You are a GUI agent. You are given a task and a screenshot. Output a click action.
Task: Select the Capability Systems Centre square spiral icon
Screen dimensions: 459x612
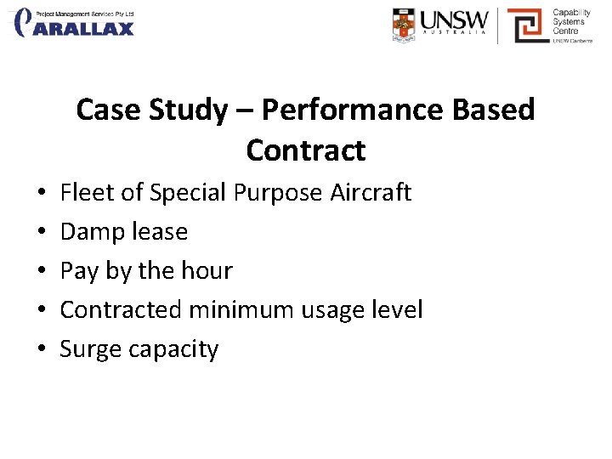[527, 25]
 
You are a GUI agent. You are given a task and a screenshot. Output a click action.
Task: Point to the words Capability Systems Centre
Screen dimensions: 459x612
[571, 24]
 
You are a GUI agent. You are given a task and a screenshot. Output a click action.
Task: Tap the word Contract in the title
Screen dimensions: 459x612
[306, 150]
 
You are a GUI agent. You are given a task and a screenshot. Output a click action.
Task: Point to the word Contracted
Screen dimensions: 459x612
[121, 309]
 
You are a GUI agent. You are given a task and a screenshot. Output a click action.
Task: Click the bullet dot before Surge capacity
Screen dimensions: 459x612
[42, 349]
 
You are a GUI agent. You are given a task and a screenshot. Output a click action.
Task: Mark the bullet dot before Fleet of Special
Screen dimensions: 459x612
[42, 192]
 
